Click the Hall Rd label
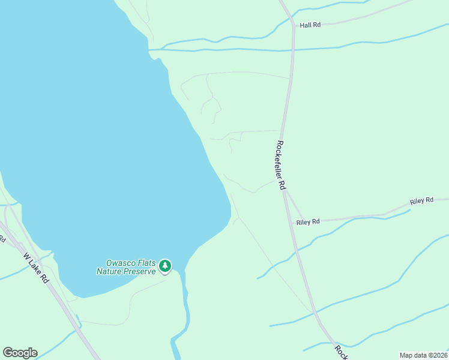tap(310, 25)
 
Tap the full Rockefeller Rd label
tap(280, 165)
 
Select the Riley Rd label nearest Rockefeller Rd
tap(307, 222)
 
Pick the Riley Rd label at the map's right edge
tap(421, 201)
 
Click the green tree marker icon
tap(165, 265)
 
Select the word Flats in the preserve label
tap(147, 263)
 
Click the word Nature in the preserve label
tap(110, 271)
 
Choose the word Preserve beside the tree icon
tap(140, 271)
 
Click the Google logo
tap(20, 353)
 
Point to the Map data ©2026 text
tap(423, 355)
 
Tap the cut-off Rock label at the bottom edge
tap(340, 352)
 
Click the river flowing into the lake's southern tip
tap(186, 312)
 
